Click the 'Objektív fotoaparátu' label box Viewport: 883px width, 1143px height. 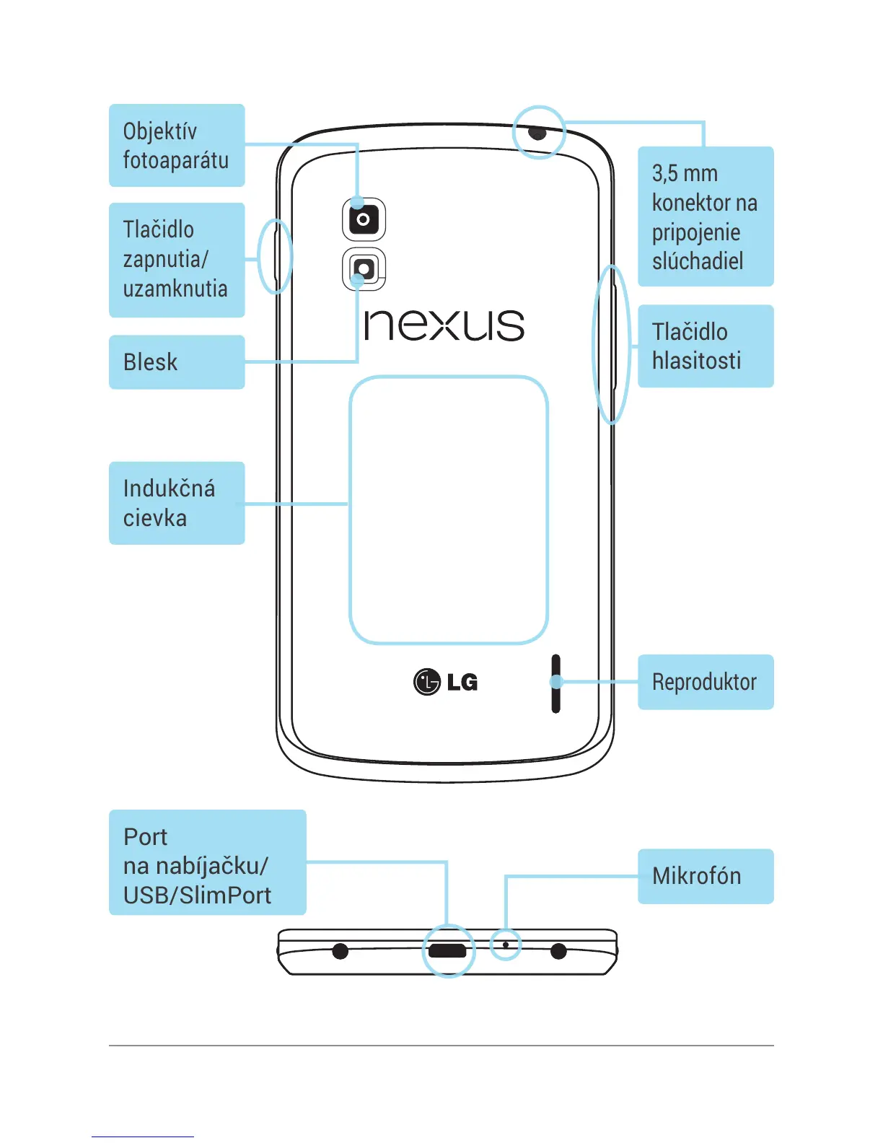click(x=177, y=145)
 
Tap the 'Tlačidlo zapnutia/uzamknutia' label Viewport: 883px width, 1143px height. click(x=177, y=260)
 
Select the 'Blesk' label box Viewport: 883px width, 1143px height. click(x=177, y=362)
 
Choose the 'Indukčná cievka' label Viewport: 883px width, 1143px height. click(x=177, y=503)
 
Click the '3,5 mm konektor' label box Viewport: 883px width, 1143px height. click(x=706, y=216)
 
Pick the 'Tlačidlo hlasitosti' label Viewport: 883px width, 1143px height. click(x=706, y=346)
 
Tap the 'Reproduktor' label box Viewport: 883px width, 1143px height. click(x=706, y=682)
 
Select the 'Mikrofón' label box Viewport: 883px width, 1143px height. click(x=706, y=876)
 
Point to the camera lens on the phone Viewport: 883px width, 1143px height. click(x=364, y=219)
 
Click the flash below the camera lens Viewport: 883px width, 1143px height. click(x=364, y=269)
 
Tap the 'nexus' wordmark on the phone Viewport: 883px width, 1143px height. click(x=444, y=325)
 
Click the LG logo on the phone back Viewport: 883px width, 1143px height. click(x=445, y=681)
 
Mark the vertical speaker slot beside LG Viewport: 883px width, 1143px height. click(x=555, y=683)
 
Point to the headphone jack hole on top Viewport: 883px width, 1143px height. click(x=538, y=133)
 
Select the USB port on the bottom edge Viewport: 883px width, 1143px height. click(x=447, y=950)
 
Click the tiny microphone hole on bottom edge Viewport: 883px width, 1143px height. click(x=506, y=945)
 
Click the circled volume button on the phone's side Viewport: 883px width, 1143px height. click(x=612, y=345)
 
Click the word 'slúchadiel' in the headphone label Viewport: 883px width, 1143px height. click(x=698, y=261)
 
